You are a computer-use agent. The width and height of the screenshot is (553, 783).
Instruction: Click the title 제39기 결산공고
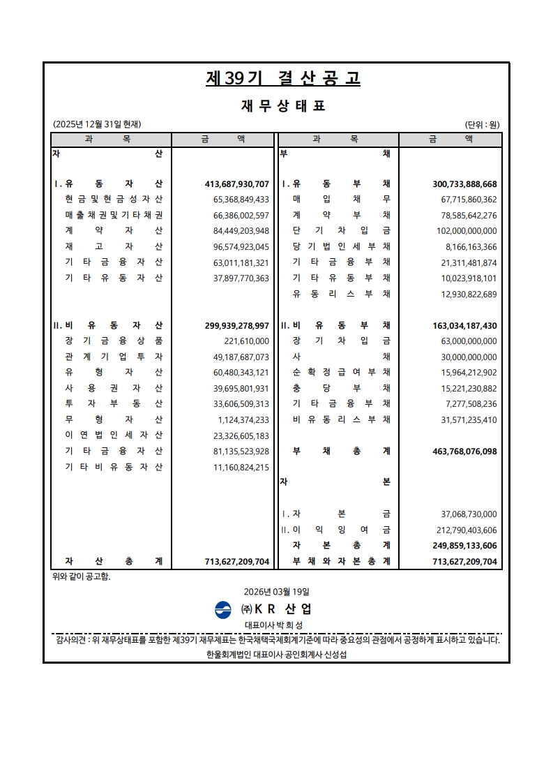pos(282,78)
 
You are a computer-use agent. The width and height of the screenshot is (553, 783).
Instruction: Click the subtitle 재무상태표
pos(282,106)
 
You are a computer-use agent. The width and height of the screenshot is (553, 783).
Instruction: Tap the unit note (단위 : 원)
pos(482,125)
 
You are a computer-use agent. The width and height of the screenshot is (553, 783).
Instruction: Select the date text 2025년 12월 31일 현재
pos(97,125)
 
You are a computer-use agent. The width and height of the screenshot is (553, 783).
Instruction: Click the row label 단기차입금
pos(342,231)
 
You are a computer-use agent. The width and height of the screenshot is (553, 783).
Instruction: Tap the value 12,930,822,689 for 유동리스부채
pos(460,294)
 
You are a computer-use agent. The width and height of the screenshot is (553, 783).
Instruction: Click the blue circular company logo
pos(223,609)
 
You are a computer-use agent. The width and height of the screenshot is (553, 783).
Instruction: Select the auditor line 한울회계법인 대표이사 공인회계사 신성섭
pos(277,655)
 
